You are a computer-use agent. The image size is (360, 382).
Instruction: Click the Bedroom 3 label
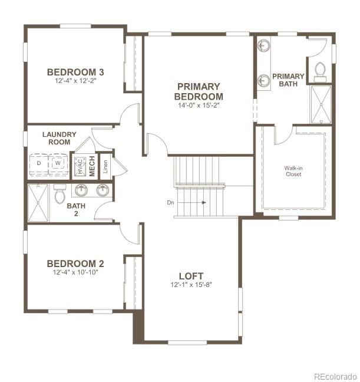tap(75, 72)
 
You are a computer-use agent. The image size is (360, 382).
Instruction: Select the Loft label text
tap(191, 276)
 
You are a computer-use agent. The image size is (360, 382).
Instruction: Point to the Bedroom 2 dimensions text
tap(75, 273)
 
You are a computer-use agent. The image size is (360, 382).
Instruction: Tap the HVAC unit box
tap(79, 165)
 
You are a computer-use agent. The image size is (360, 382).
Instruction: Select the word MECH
tap(92, 166)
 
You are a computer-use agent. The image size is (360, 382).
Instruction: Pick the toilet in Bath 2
tap(60, 194)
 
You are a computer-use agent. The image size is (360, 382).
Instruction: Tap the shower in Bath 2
tap(39, 202)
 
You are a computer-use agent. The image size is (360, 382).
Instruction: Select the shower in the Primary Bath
tap(321, 104)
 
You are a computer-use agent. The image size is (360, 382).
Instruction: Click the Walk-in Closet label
tap(293, 171)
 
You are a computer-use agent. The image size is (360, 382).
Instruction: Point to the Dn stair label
tap(171, 202)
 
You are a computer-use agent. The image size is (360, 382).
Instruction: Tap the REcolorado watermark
tap(334, 376)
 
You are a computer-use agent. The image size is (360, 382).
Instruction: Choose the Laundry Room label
tap(60, 138)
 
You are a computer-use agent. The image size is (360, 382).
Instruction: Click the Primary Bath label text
tap(288, 80)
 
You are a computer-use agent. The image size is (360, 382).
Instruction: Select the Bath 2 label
tap(76, 210)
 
